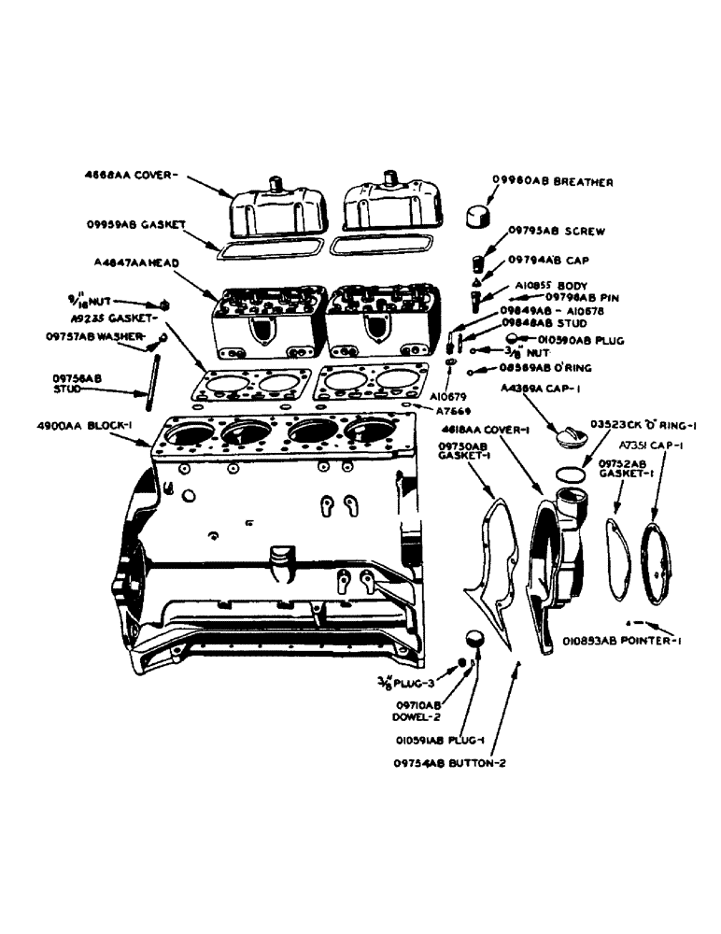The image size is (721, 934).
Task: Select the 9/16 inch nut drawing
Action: pyautogui.click(x=164, y=305)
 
